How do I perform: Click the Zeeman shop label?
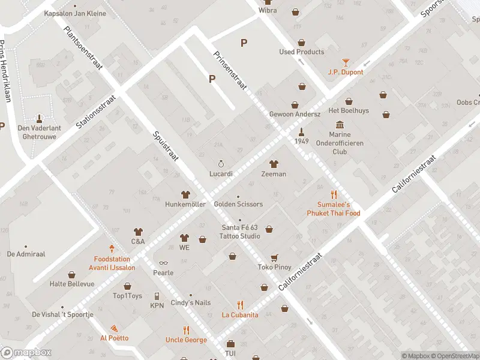[274, 174]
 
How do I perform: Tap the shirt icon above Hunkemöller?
[185, 194]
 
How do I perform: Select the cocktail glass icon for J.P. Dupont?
[345, 62]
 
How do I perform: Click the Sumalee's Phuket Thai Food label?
[334, 209]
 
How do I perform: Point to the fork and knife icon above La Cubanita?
[240, 305]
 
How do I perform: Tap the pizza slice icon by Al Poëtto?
[114, 328]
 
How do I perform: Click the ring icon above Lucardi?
[221, 164]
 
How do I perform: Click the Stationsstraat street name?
[96, 109]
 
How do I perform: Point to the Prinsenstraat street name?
[230, 70]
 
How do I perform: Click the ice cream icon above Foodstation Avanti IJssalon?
[112, 248]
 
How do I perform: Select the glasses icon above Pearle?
[162, 263]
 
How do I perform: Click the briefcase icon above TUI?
[230, 344]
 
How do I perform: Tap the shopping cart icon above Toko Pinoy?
[274, 257]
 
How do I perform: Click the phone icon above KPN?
[157, 296]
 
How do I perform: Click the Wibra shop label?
[268, 11]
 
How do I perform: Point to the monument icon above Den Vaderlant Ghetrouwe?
[40, 118]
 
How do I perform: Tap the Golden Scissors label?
[238, 204]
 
